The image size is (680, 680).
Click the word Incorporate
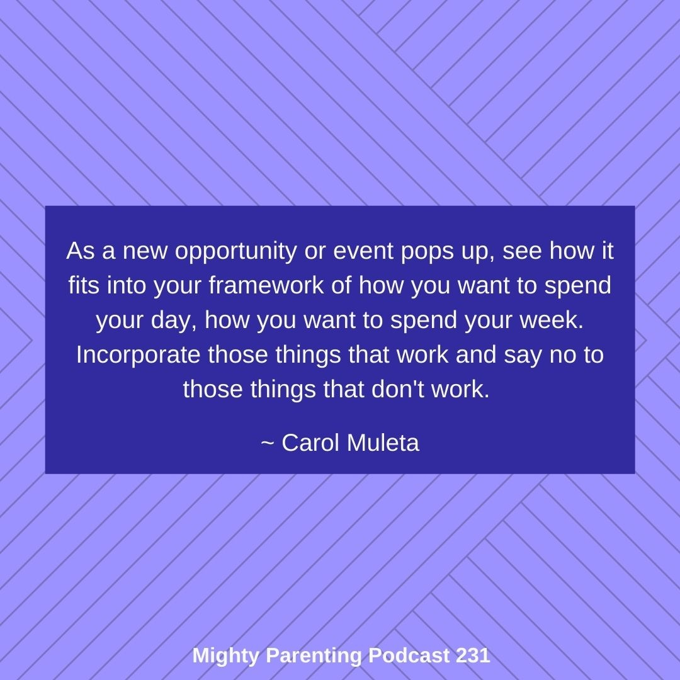139,355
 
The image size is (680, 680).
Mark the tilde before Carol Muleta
267,443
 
